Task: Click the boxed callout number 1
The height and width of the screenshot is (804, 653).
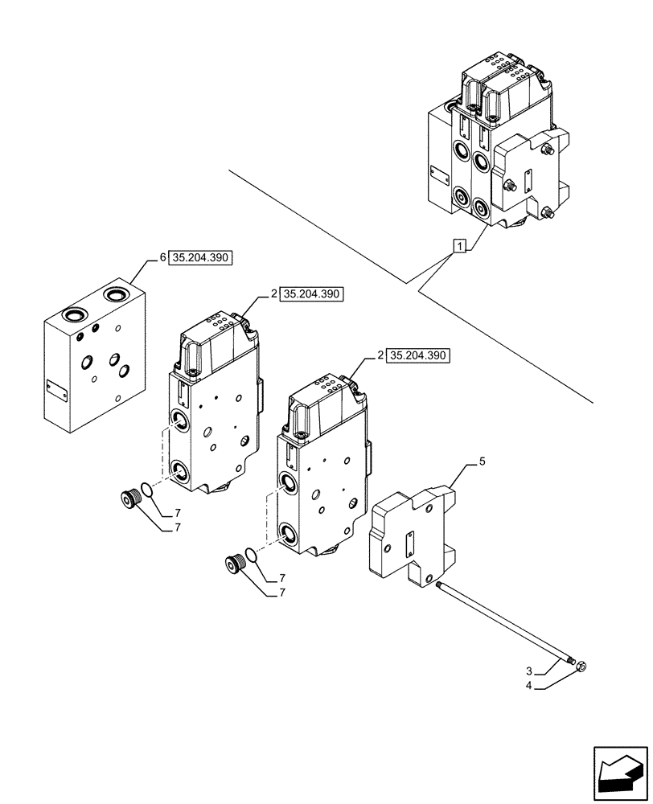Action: (458, 246)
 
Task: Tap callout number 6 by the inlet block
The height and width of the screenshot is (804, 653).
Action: (162, 258)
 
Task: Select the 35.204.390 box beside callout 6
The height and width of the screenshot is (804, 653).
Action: (200, 258)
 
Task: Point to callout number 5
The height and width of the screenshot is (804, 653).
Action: (483, 462)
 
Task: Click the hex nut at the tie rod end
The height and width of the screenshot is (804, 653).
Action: (581, 666)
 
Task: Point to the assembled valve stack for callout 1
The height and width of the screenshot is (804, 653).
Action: (495, 153)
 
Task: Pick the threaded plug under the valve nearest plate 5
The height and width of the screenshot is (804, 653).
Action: (235, 564)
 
